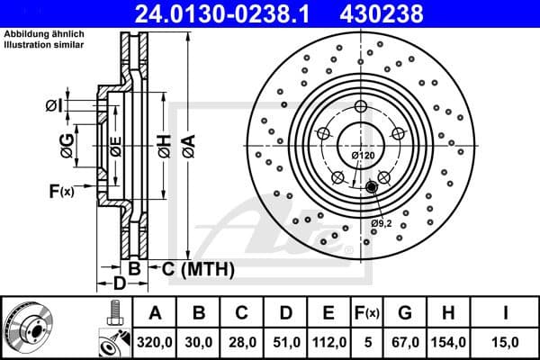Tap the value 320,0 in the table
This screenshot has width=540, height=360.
pos(155,341)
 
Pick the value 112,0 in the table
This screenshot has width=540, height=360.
pos(329,341)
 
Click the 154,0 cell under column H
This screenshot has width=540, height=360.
pos(448,341)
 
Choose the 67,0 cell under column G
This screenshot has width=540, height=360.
pos(404,341)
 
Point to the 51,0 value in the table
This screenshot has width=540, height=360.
pos(286,341)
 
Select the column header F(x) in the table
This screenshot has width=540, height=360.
pos(366,312)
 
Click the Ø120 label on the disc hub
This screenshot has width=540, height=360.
pos(362,156)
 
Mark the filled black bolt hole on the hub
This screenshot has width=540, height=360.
pos(371,187)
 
